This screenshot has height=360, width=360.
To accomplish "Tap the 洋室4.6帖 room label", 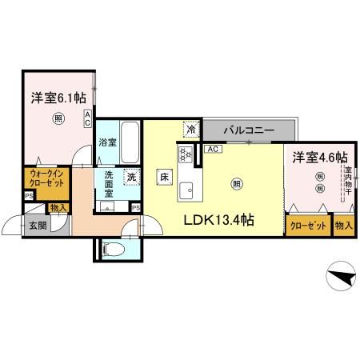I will coord(319,156).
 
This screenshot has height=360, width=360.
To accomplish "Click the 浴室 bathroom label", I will coord(108,142).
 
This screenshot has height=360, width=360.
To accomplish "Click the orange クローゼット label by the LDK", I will coord(308,225).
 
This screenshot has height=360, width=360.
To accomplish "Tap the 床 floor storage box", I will coord(162,178).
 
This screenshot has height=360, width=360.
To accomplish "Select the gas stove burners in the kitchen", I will coord(185,154).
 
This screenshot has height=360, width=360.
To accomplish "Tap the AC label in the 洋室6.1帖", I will coord(87,119).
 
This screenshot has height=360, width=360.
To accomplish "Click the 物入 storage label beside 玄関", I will coord(58,208).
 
